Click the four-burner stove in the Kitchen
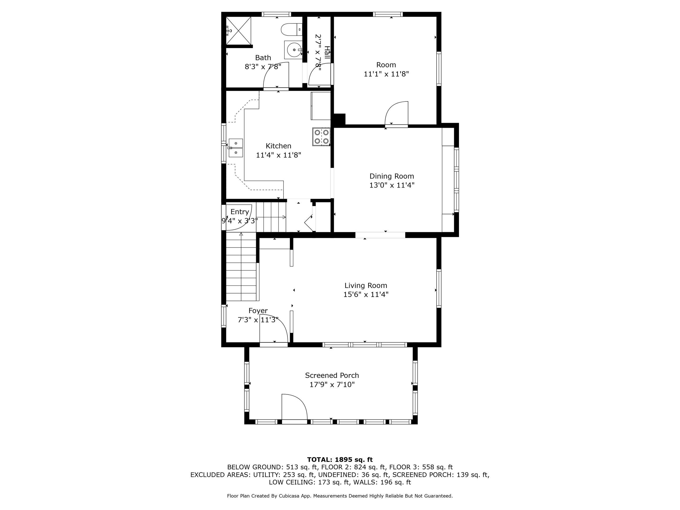click(x=321, y=137)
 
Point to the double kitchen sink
click(x=236, y=148)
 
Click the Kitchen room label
click(x=278, y=146)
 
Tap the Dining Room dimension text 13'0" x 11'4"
click(x=392, y=185)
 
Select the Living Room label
click(x=365, y=286)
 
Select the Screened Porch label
click(x=332, y=376)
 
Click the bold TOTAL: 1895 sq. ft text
click(x=340, y=460)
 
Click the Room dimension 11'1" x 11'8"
click(x=386, y=74)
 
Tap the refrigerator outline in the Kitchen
click(x=320, y=106)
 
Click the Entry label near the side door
click(x=240, y=212)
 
